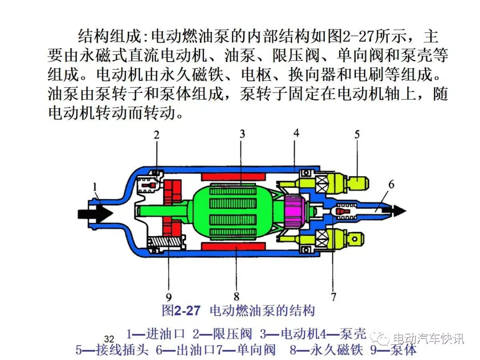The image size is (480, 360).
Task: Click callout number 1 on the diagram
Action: [x=95, y=186]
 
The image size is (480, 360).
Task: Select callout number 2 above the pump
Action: [x=156, y=135]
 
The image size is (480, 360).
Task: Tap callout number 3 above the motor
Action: [x=242, y=134]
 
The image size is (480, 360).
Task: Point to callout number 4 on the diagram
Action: [x=296, y=133]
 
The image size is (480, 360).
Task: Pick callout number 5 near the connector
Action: [x=357, y=134]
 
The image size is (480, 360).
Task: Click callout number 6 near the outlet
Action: [x=391, y=184]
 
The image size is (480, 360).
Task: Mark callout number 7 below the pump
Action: [x=333, y=296]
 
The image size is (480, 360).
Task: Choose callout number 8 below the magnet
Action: [x=236, y=296]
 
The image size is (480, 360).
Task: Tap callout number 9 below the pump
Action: [x=169, y=297]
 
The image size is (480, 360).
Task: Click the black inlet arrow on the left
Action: [x=95, y=213]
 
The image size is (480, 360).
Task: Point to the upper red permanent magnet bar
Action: [x=233, y=176]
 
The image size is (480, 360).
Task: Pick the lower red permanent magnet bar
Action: [x=233, y=246]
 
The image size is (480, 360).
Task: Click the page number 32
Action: [x=109, y=339]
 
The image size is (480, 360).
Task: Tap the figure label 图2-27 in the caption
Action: [x=181, y=311]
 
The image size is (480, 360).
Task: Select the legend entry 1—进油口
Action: [x=156, y=334]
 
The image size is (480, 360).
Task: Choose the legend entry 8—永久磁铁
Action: [x=326, y=350]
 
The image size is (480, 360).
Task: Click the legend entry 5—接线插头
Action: [x=112, y=350]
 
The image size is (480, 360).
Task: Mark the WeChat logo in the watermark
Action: [x=380, y=338]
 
